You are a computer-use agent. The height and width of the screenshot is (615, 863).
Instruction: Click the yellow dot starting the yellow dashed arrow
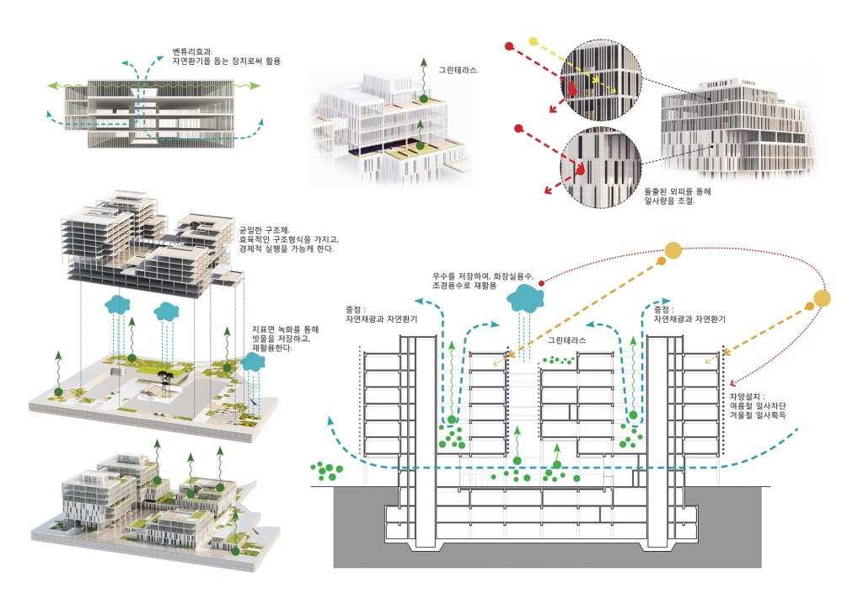[x=532, y=40]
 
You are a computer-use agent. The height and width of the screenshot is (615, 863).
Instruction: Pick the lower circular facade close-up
[x=599, y=164]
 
